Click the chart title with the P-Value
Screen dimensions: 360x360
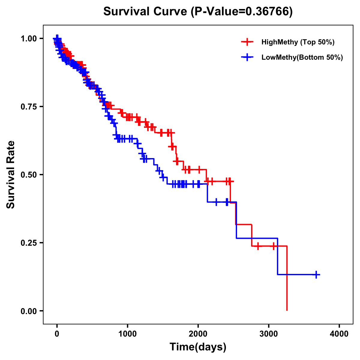click(x=198, y=12)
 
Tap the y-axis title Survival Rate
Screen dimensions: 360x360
click(x=11, y=174)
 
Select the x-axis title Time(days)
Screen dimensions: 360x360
click(x=198, y=347)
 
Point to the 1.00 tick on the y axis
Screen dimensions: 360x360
click(x=29, y=39)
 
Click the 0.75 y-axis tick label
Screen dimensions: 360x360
click(x=29, y=107)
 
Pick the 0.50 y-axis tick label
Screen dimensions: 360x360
click(x=29, y=175)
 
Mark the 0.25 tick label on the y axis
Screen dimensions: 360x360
click(x=29, y=243)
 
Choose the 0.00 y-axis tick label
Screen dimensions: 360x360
click(x=29, y=311)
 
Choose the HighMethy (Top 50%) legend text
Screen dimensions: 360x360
click(x=298, y=42)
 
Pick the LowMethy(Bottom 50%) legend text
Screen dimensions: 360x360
click(x=302, y=58)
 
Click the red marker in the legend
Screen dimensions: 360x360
click(x=247, y=42)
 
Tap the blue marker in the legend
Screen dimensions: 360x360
click(x=247, y=57)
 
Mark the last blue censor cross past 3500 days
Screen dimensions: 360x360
click(x=316, y=274)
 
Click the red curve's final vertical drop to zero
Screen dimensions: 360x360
click(x=287, y=279)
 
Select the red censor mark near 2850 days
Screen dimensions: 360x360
click(x=258, y=246)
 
